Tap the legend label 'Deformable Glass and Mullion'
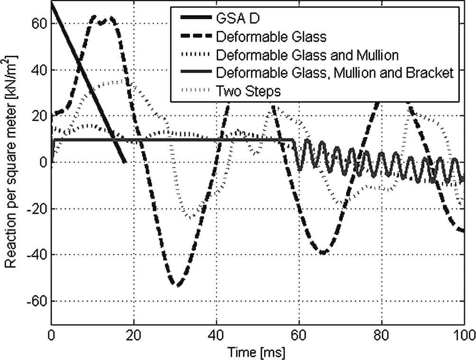click(x=307, y=54)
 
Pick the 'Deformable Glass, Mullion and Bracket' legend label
click(x=335, y=72)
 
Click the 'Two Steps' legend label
click(x=248, y=90)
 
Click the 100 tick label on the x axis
click(x=463, y=334)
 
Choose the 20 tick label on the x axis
click(x=134, y=334)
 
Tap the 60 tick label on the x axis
click(x=299, y=334)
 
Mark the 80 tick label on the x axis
click(x=381, y=334)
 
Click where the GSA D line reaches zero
click(x=125, y=162)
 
